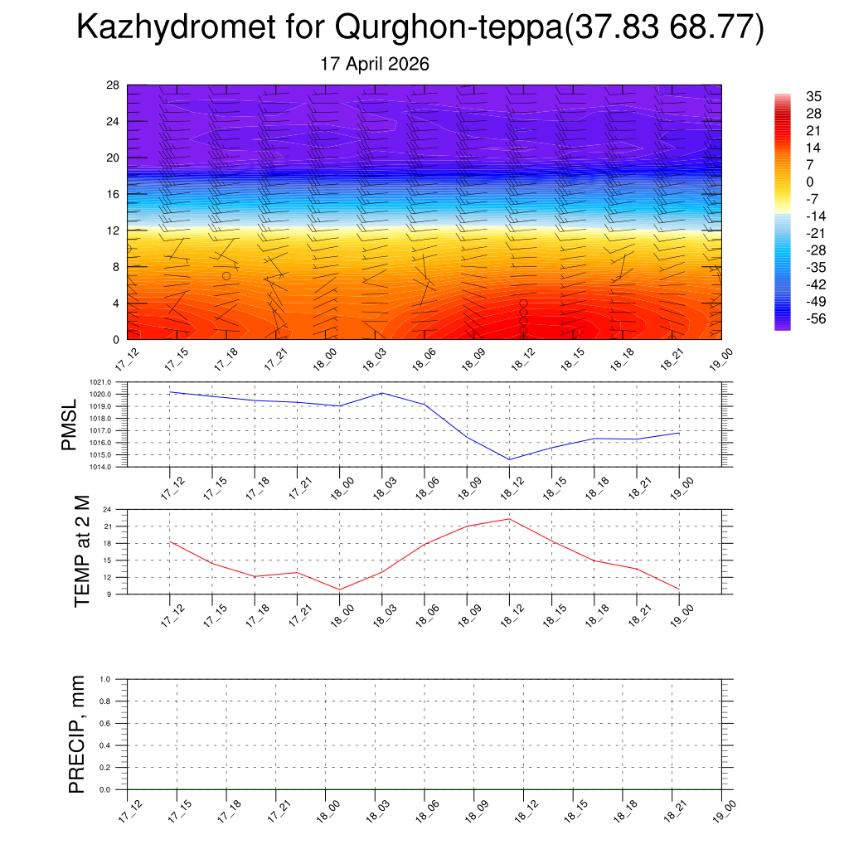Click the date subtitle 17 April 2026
pyautogui.click(x=375, y=64)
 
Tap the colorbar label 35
pyautogui.click(x=813, y=96)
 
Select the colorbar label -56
pyautogui.click(x=816, y=318)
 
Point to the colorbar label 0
pyautogui.click(x=809, y=182)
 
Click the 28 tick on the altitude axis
pyautogui.click(x=113, y=85)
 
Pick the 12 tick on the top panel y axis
pyautogui.click(x=113, y=230)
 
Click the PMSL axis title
pyautogui.click(x=70, y=425)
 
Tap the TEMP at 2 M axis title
pyautogui.click(x=82, y=551)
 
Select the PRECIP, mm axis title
pyautogui.click(x=77, y=735)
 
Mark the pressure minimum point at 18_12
pyautogui.click(x=509, y=459)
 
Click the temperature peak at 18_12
pyautogui.click(x=509, y=519)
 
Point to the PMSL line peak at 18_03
pyautogui.click(x=382, y=393)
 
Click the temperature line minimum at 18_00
pyautogui.click(x=339, y=589)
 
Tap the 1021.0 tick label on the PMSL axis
pyautogui.click(x=100, y=382)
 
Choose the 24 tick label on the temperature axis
pyautogui.click(x=107, y=510)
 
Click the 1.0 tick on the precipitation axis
pyautogui.click(x=105, y=679)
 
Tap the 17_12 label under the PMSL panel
pyautogui.click(x=172, y=488)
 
